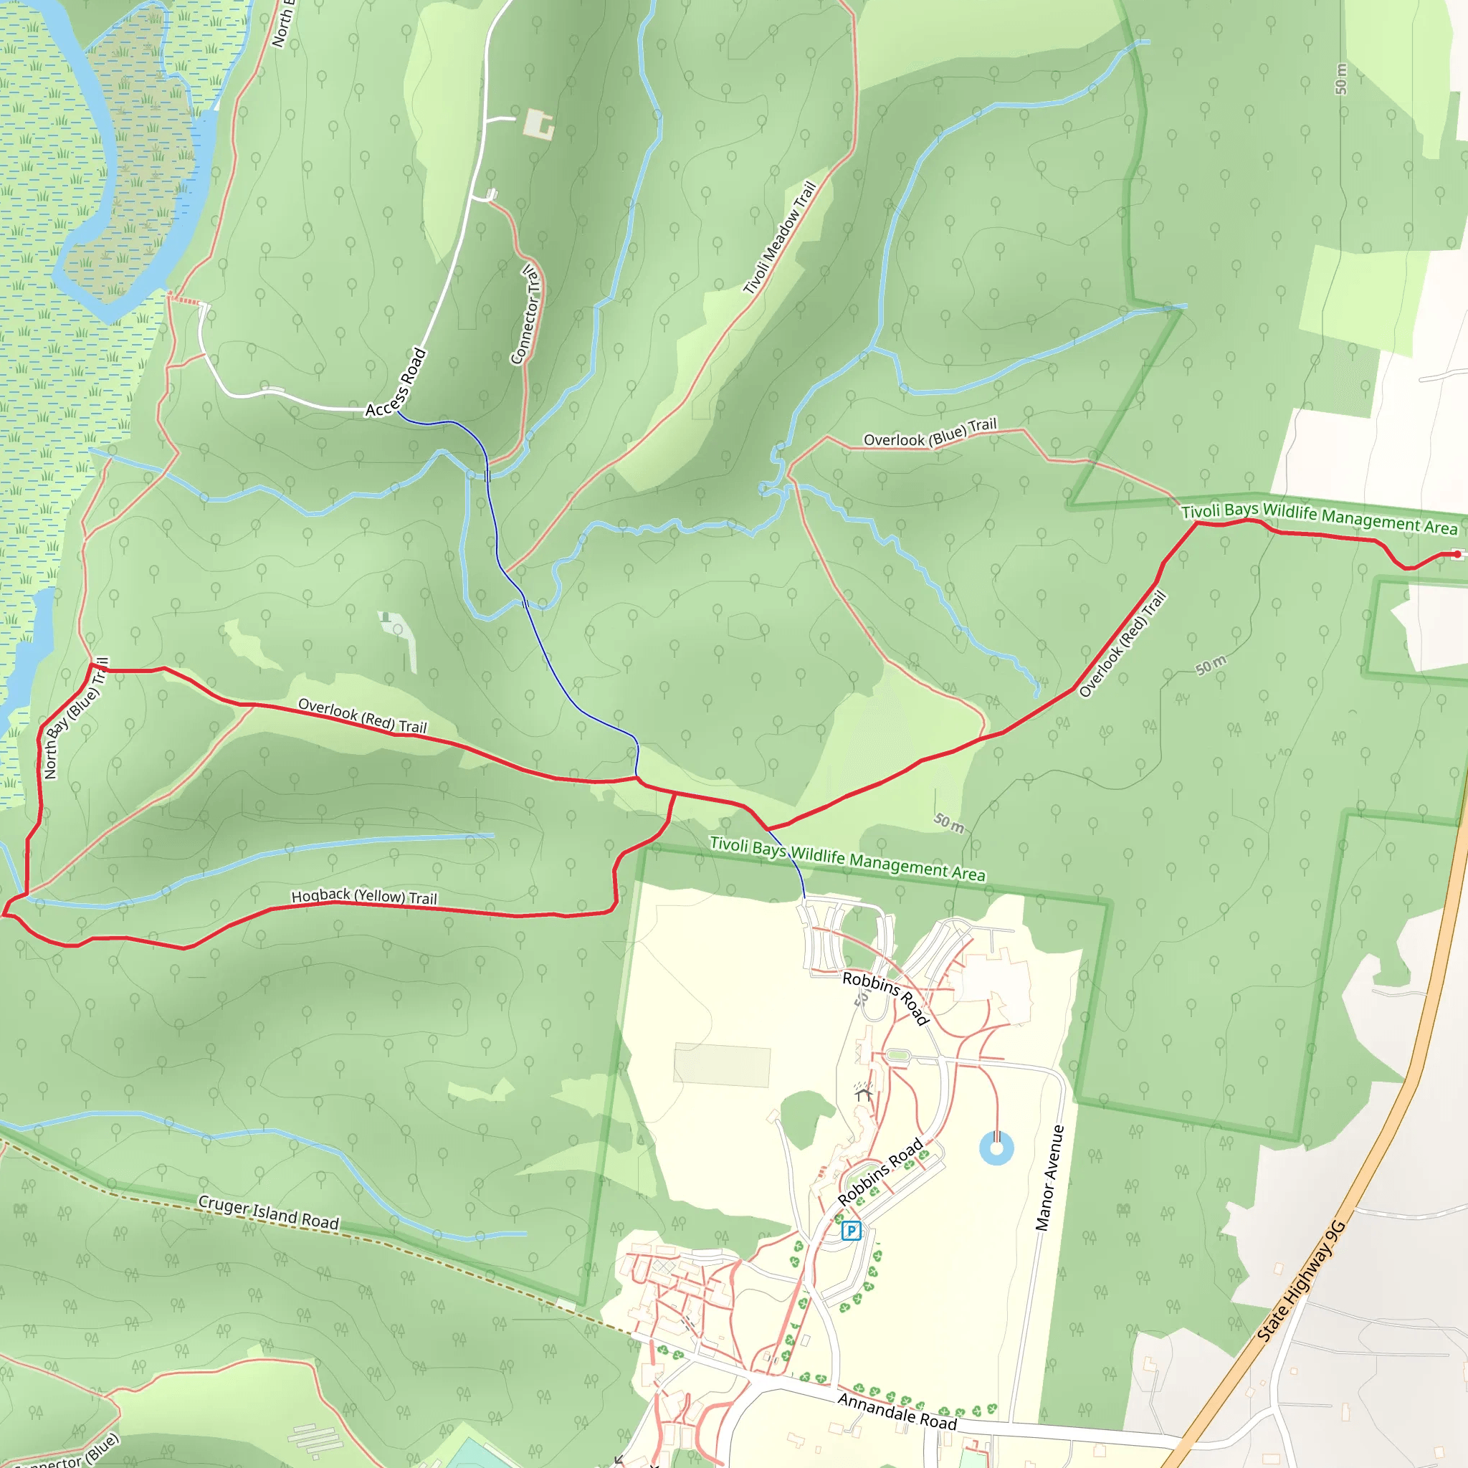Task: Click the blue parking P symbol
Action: pyautogui.click(x=852, y=1230)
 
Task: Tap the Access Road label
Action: pyautogui.click(x=396, y=382)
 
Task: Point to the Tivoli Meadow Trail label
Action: pyautogui.click(x=780, y=237)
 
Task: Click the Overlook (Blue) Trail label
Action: pyautogui.click(x=930, y=433)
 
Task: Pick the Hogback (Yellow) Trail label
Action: pyautogui.click(x=364, y=897)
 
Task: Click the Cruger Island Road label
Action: pyautogui.click(x=268, y=1212)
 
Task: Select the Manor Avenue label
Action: pyautogui.click(x=1049, y=1178)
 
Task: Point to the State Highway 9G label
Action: pyautogui.click(x=1301, y=1282)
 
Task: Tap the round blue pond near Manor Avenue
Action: pyautogui.click(x=997, y=1148)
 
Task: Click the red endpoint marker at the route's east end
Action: pyautogui.click(x=1457, y=555)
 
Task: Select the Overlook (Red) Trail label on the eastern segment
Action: pyautogui.click(x=1123, y=644)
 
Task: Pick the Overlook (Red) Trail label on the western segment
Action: pyautogui.click(x=363, y=716)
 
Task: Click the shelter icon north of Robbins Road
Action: pyautogui.click(x=862, y=1093)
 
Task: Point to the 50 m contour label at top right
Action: pyautogui.click(x=1341, y=79)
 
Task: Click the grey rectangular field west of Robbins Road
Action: pyautogui.click(x=722, y=1065)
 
